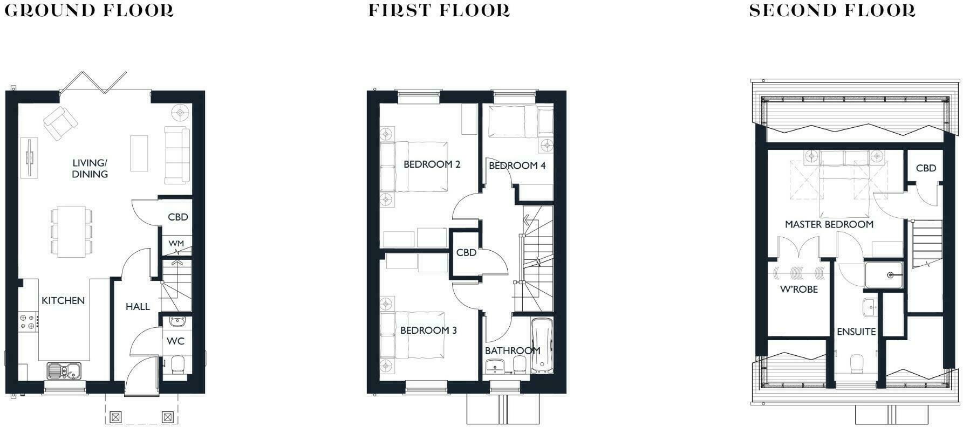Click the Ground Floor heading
[x=89, y=11]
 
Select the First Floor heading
[x=439, y=11]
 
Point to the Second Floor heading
[x=832, y=11]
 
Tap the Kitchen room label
[x=63, y=301]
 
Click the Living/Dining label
[x=90, y=168]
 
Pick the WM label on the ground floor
[x=176, y=244]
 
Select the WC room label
[x=175, y=341]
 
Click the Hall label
[x=138, y=307]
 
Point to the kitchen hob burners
[x=28, y=322]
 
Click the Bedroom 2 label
[x=432, y=164]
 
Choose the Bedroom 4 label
[x=517, y=166]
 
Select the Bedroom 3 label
[x=428, y=330]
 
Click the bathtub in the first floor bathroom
[x=542, y=345]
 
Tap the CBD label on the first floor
[x=466, y=252]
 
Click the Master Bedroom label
[x=829, y=224]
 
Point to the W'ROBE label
[x=799, y=290]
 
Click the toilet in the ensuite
[x=857, y=364]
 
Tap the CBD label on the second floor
[x=926, y=168]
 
